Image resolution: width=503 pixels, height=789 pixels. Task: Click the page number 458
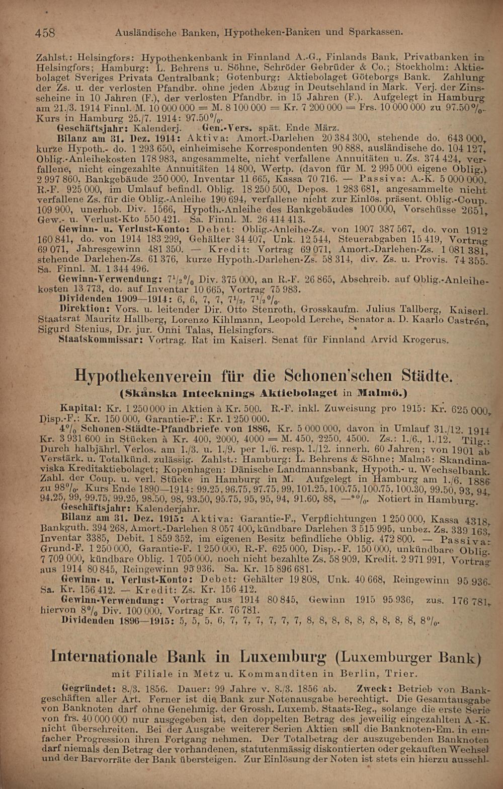point(45,33)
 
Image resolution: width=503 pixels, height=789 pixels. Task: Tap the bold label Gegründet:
point(88,687)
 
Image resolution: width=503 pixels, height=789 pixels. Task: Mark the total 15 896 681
point(279,568)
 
